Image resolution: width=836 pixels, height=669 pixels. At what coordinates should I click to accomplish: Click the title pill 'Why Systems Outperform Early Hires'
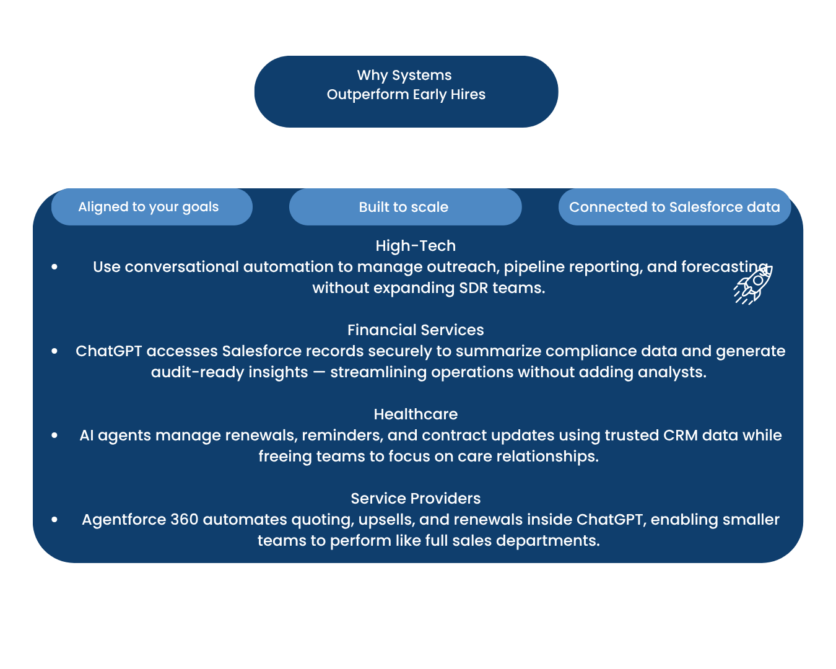(406, 92)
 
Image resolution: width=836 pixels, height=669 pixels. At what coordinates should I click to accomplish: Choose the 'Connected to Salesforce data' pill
(674, 207)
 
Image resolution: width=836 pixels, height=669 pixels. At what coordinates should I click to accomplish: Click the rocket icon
(753, 285)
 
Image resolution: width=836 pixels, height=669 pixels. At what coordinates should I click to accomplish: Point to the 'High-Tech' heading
(416, 246)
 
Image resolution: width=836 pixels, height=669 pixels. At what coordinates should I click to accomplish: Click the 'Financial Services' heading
(416, 330)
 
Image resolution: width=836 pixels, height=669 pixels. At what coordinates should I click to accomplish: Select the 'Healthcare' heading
(416, 414)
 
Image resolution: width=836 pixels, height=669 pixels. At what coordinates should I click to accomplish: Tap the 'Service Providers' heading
(416, 499)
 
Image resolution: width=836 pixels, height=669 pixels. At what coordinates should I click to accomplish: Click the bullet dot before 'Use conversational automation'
(55, 267)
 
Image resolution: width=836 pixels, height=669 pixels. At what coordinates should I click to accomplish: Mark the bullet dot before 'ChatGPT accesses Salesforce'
(55, 351)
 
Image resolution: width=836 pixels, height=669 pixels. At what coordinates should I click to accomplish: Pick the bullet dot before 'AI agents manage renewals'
(55, 435)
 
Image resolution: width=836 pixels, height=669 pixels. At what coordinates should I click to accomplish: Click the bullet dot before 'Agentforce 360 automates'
(55, 520)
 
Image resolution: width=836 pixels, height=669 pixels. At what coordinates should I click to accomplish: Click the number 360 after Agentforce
(185, 520)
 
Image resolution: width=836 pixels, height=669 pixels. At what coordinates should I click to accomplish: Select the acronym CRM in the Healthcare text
(681, 435)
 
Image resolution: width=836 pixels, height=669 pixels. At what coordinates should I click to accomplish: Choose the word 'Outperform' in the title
(368, 95)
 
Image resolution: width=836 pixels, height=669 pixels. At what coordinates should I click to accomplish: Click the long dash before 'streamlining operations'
(319, 372)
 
